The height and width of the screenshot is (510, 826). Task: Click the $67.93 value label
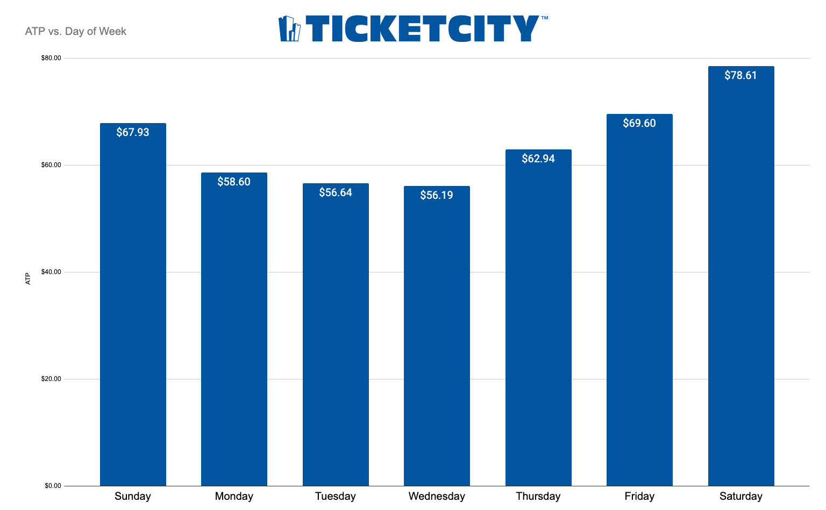click(x=133, y=132)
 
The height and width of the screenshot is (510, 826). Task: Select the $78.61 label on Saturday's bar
click(x=740, y=75)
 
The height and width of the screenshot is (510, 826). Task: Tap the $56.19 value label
click(x=437, y=195)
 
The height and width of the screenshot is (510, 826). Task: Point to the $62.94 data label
click(x=538, y=159)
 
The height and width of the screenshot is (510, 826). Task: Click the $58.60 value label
click(x=234, y=182)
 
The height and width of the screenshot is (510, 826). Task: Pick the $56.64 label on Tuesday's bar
click(x=336, y=192)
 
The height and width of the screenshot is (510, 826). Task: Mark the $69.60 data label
click(x=639, y=123)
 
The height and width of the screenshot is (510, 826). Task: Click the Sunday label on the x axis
click(x=133, y=496)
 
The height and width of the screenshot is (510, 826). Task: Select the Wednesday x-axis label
click(x=437, y=496)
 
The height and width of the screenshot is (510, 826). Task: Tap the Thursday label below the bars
click(x=538, y=496)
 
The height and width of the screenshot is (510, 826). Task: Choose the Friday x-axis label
click(x=639, y=496)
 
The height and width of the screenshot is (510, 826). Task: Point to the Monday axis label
click(x=234, y=496)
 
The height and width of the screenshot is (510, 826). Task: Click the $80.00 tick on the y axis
click(x=51, y=58)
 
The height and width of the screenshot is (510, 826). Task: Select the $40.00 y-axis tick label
click(x=51, y=272)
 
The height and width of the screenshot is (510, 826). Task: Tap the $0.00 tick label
click(x=53, y=486)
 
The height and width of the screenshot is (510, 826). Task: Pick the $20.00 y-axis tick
click(x=51, y=379)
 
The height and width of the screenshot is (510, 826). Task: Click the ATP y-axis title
click(x=29, y=279)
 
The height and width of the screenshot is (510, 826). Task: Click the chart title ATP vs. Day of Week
click(x=76, y=31)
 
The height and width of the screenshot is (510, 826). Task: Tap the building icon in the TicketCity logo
click(x=289, y=29)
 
